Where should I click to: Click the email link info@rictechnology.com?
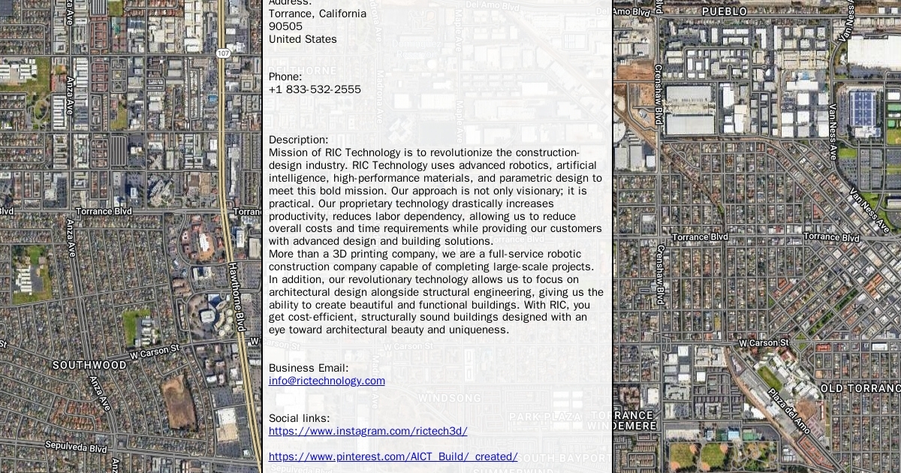point(327,381)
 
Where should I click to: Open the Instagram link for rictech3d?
point(368,431)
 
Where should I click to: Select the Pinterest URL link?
point(393,456)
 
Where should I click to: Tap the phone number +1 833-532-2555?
point(315,89)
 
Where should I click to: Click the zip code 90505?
point(285,26)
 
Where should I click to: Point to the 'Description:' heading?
point(298,140)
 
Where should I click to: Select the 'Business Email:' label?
point(309,368)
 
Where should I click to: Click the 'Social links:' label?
point(299,418)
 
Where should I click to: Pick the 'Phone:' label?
point(285,77)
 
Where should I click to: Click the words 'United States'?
point(303,39)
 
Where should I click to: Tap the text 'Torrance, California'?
point(318,14)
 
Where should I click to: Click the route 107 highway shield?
point(223,53)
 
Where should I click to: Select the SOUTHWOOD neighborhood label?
point(89,365)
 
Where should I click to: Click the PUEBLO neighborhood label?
point(724,11)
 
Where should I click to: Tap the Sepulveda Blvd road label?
point(75,447)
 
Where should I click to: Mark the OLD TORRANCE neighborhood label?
point(860,388)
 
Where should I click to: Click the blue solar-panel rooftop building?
point(862,109)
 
